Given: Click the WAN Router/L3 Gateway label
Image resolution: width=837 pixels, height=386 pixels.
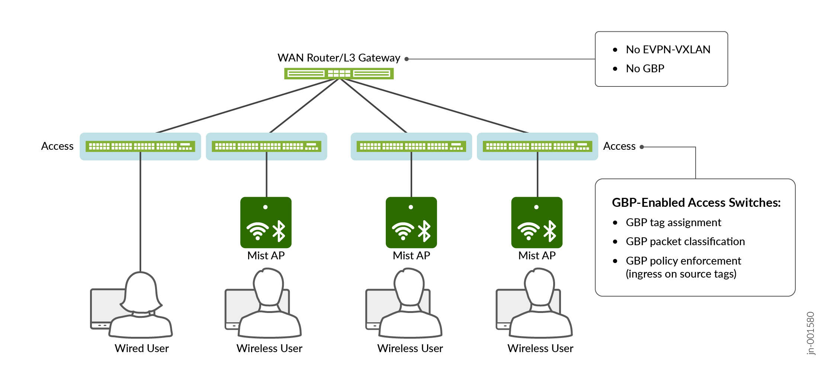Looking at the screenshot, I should click(x=339, y=58).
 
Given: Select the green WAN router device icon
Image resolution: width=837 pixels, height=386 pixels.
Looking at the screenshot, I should click(x=339, y=73).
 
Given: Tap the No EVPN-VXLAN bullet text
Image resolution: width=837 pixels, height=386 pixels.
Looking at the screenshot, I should click(x=668, y=50).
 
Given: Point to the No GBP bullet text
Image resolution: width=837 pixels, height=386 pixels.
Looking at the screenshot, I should click(x=645, y=69).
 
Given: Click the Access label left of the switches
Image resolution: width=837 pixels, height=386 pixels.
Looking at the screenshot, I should click(x=57, y=146).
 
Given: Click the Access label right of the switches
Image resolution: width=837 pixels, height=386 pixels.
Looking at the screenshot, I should click(x=619, y=146).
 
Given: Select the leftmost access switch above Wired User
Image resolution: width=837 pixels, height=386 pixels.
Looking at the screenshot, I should click(x=140, y=146).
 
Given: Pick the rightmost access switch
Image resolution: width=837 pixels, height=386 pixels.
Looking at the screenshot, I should click(x=537, y=146).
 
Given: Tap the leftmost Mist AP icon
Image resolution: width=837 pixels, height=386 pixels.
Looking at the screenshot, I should click(x=266, y=222).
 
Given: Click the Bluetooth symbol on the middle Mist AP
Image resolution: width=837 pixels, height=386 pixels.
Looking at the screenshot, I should click(x=424, y=231).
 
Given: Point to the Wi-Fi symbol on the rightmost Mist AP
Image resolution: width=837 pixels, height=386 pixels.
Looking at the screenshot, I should click(x=528, y=231).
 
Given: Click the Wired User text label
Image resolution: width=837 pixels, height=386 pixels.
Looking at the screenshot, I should click(x=141, y=348).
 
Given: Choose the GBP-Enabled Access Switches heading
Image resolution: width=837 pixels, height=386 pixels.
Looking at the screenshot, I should click(x=696, y=203).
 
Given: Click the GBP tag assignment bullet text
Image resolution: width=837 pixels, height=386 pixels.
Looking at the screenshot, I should click(x=673, y=222).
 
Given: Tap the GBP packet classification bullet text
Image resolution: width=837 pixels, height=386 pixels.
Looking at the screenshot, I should click(x=685, y=241).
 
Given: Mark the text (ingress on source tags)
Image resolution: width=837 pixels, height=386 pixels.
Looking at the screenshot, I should click(x=681, y=274).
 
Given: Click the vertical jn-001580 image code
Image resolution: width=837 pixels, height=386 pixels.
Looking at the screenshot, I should click(x=811, y=333).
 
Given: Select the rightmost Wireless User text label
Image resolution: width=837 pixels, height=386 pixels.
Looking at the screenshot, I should click(x=540, y=348).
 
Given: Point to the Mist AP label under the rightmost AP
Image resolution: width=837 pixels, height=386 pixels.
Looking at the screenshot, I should click(x=537, y=256).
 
